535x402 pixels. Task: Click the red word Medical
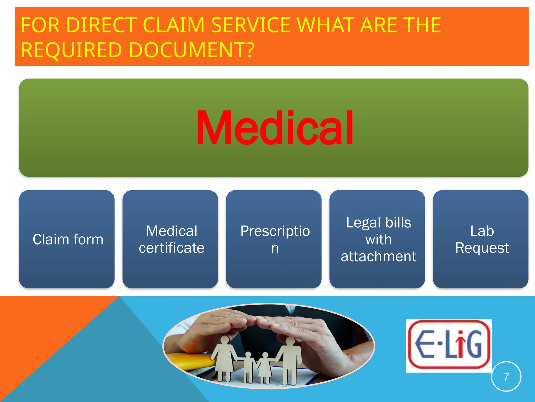tap(275, 127)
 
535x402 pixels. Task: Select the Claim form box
tap(67, 239)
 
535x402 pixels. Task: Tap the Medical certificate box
tap(170, 239)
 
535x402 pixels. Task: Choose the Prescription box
tap(274, 239)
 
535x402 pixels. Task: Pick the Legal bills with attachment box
tap(377, 239)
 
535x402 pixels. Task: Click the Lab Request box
tap(481, 239)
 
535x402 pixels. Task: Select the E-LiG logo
tap(449, 345)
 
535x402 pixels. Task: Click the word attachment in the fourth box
tap(378, 256)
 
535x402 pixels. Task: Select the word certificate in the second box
tap(171, 248)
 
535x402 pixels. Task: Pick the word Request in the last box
tap(482, 248)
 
